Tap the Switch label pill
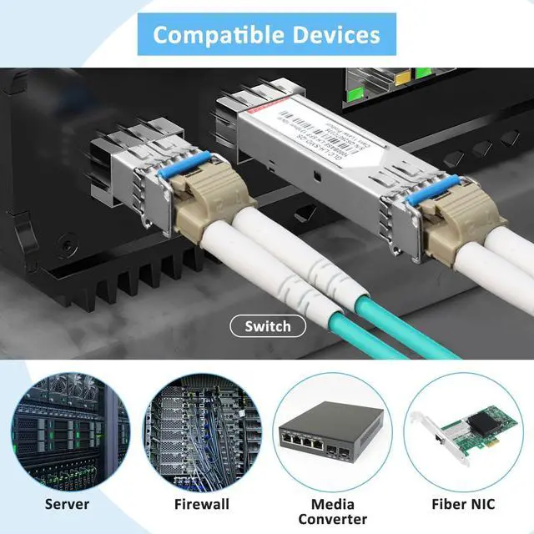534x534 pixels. (x=268, y=326)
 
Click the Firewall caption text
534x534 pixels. (x=202, y=503)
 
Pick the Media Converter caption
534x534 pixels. (x=332, y=511)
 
